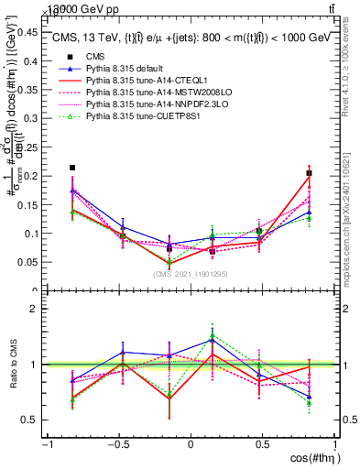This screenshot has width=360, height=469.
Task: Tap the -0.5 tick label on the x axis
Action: coord(116,444)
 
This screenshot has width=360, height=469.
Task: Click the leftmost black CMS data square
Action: coord(72,168)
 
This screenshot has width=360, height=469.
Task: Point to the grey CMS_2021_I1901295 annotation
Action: coord(191,274)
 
